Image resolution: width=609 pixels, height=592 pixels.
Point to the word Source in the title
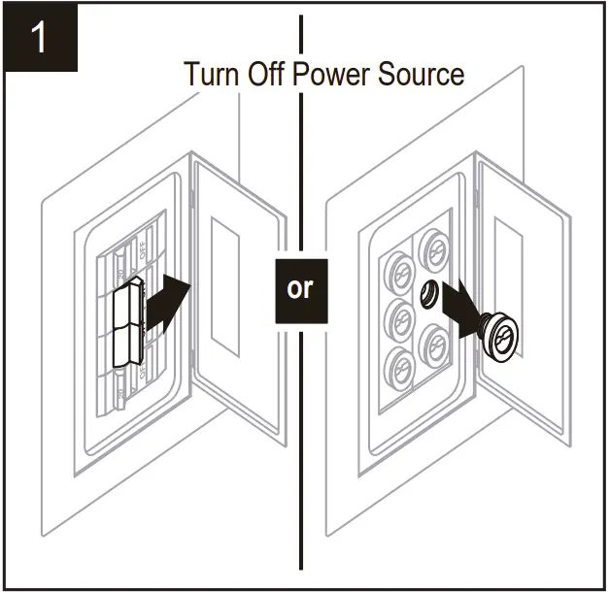424,74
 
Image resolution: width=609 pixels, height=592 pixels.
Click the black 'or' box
301,289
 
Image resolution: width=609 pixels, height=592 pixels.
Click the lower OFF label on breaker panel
144,370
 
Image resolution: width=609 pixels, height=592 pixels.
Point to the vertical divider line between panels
301,437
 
